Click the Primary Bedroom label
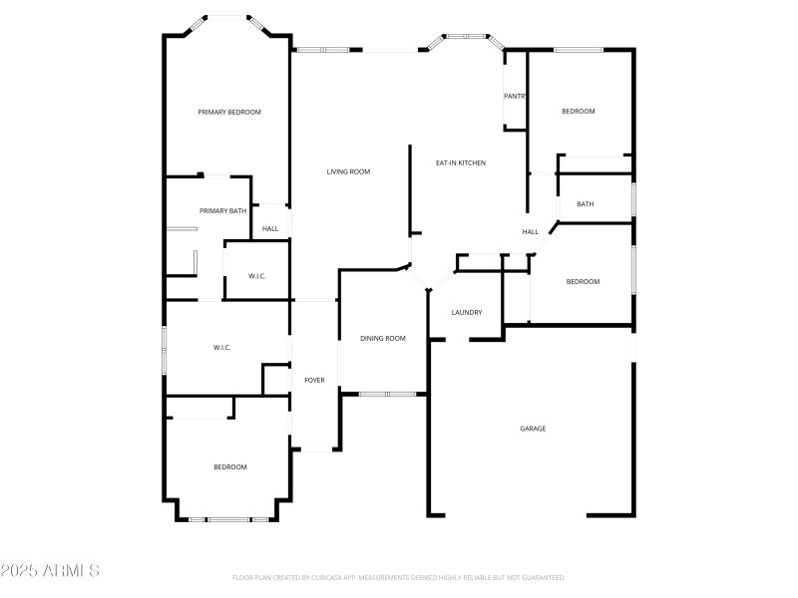coord(229,113)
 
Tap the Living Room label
coord(348,172)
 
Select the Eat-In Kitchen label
coord(461,162)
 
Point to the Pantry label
coord(515,97)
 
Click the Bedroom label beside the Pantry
coord(578,112)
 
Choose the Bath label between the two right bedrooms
coord(585,204)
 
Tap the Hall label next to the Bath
coord(530,232)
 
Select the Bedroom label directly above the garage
coord(583,282)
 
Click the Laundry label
coord(467,313)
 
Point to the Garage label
coord(533,429)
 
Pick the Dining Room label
coord(383,339)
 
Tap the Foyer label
coord(314,380)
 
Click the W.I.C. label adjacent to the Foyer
coord(221,348)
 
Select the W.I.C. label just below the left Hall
coord(257,276)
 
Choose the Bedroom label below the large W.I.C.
coord(229,467)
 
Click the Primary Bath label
coord(222,211)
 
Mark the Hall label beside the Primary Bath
coord(269,229)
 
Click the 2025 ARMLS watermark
coord(50,571)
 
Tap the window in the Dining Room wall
coord(388,395)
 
